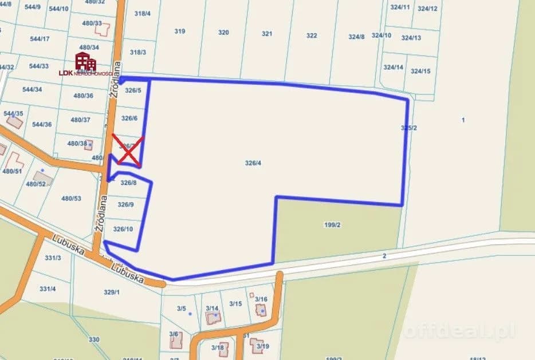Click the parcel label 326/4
[x=253, y=163]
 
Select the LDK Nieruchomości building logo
[x=85, y=61]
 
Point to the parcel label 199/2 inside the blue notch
[x=332, y=225]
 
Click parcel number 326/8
[x=128, y=183]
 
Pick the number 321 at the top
[x=267, y=34]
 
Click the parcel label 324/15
[x=420, y=72]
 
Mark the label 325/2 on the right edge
[x=409, y=128]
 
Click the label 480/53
[x=72, y=199]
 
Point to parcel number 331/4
[x=47, y=289]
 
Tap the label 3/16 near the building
[x=261, y=299]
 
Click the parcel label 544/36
[x=42, y=125]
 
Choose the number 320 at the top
[x=223, y=33]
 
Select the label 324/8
[x=356, y=37]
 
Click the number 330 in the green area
[x=94, y=340]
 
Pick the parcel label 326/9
[x=125, y=205]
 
